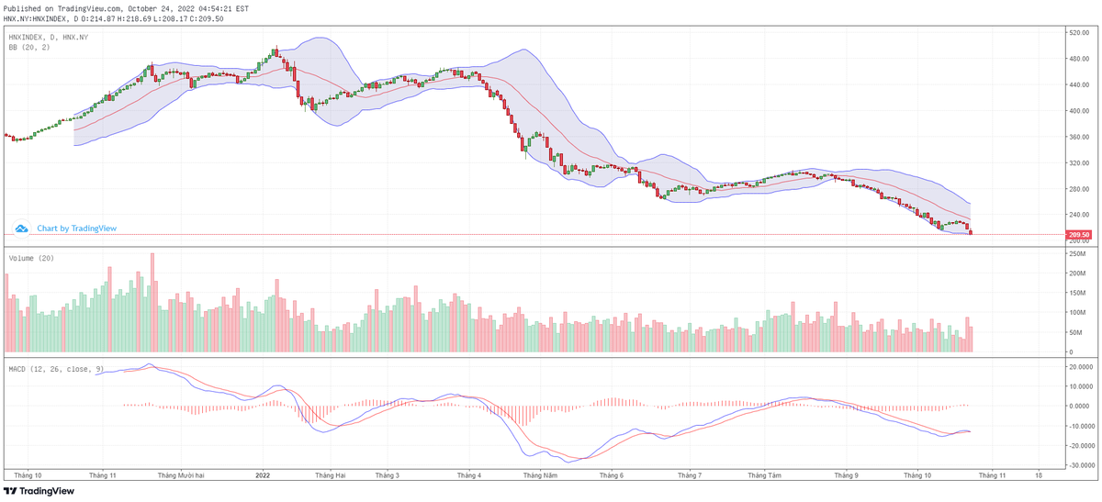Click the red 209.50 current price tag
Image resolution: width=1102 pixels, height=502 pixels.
coord(1078,234)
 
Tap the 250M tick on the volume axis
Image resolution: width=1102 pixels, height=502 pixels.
coord(1076,273)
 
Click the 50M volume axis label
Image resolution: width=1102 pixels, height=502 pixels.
coord(1074,332)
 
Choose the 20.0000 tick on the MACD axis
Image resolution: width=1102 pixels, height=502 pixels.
coord(1080,365)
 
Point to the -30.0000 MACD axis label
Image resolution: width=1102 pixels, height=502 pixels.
coord(1079,465)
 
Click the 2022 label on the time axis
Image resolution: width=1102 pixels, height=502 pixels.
coord(263,475)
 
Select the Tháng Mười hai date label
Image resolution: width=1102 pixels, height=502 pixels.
coord(180,475)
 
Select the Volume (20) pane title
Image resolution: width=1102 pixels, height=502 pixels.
coord(31,258)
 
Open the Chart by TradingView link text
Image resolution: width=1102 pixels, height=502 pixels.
coord(77,229)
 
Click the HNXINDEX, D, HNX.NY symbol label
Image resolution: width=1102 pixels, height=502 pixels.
coord(48,37)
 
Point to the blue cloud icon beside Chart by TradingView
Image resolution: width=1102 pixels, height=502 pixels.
coord(21,229)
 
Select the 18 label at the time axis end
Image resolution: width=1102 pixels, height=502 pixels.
coord(1039,475)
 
